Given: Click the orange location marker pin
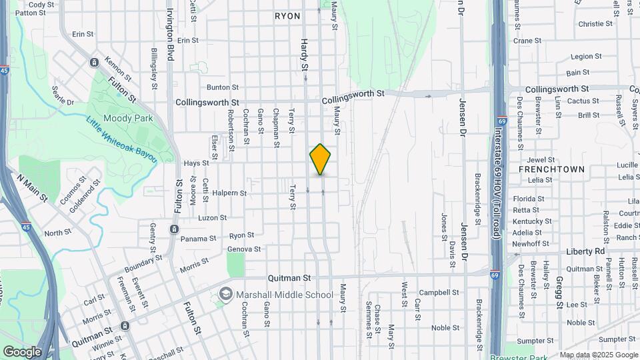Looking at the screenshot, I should click(x=321, y=159).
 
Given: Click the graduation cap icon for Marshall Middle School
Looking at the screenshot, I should click(x=226, y=295).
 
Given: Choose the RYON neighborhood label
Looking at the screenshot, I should click(x=287, y=15).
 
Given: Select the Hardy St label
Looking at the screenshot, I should click(x=304, y=55).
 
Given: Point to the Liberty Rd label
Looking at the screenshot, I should click(x=585, y=251).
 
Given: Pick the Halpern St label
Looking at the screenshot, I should click(x=229, y=193).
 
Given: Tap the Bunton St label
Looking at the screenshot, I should click(x=222, y=87).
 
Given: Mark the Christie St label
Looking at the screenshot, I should click(x=595, y=24).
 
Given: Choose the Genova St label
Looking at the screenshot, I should click(x=244, y=249).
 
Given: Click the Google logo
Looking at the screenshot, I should click(x=22, y=351).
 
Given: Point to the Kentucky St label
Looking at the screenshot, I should click(x=532, y=221).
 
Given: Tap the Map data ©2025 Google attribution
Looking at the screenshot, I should click(x=598, y=355).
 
